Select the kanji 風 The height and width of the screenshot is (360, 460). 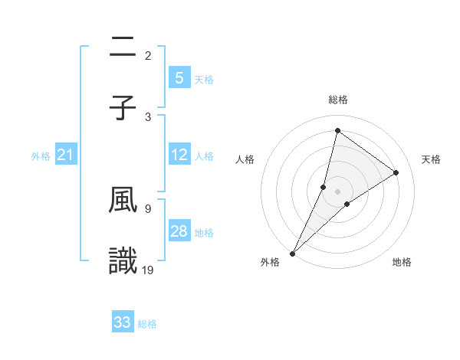123,201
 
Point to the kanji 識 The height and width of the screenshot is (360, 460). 123,261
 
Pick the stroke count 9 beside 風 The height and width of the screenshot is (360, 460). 147,208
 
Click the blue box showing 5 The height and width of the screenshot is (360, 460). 179,78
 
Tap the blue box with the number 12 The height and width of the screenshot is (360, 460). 179,155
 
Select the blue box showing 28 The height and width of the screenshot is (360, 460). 179,231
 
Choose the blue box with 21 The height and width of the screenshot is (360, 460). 66,155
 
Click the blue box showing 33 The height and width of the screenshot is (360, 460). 123,322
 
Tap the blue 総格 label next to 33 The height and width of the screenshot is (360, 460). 147,324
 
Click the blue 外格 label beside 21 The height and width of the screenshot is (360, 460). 41,156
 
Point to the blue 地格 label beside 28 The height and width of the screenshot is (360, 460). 204,233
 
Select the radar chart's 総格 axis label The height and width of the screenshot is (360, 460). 337,100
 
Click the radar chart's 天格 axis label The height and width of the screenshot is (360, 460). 432,159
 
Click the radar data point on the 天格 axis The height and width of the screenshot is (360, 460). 396,172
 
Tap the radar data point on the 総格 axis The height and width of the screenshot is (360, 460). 337,130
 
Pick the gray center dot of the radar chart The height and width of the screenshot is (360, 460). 337,191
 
